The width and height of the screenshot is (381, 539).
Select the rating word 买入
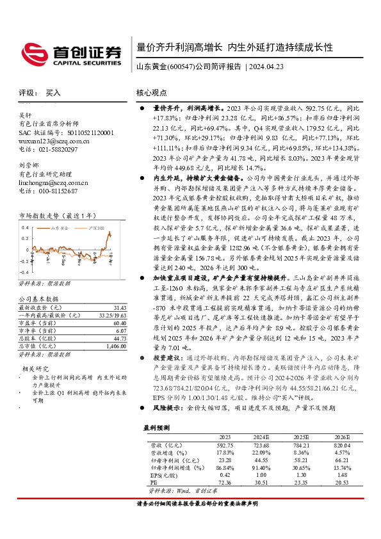pyautogui.click(x=53, y=93)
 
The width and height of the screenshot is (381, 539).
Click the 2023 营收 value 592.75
pyautogui.click(x=225, y=444)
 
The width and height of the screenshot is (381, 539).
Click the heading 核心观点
pyautogui.click(x=151, y=93)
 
